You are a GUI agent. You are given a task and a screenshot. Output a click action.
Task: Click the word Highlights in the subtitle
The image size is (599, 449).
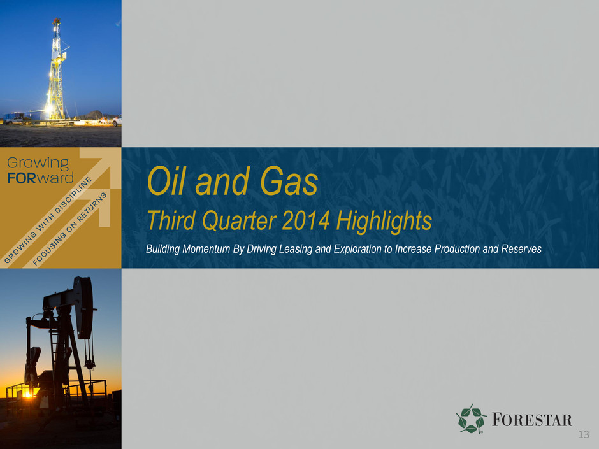pos(384,222)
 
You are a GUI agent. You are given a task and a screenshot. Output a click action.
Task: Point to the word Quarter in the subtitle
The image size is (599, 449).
pos(239,221)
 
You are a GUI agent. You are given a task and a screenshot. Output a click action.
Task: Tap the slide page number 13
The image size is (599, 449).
pos(584,434)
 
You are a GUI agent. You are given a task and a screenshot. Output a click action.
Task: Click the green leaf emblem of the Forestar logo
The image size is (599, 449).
pos(471,419)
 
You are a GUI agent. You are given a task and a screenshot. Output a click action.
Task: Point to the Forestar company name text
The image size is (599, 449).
pos(531,420)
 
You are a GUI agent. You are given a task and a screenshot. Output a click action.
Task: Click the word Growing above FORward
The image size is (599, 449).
pos(38,164)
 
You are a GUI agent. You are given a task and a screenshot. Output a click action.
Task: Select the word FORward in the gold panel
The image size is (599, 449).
pos(41,178)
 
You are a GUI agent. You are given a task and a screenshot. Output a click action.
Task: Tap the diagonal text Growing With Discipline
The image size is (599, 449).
pos(48,220)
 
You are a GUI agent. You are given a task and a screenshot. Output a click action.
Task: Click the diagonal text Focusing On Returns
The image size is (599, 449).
pos(69,229)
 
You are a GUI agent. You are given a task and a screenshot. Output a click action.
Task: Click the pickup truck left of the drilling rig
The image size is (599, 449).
pos(14,120)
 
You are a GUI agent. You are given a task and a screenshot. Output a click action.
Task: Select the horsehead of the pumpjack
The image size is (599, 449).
pos(84,308)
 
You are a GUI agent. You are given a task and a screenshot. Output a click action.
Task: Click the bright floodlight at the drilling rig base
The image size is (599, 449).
pos(49,108)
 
